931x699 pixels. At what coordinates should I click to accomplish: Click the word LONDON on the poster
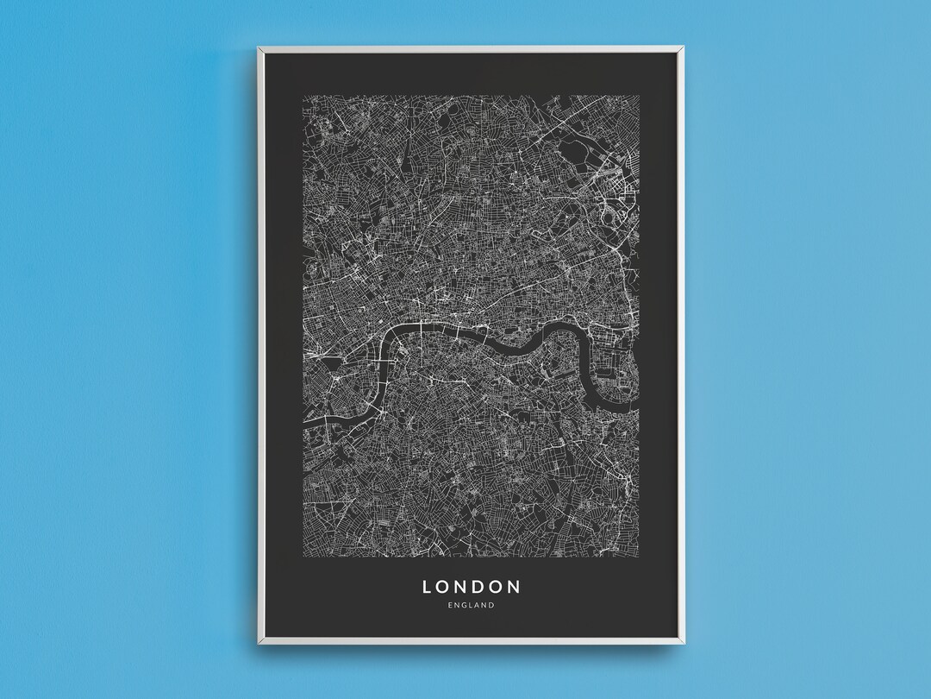click(472, 587)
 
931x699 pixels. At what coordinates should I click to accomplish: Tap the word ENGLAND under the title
click(472, 606)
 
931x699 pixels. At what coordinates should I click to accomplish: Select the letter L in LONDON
click(427, 587)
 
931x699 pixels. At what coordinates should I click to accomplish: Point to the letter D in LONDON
click(479, 587)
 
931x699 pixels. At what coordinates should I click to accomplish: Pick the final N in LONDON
click(515, 587)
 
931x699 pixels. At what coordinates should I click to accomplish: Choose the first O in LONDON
click(443, 587)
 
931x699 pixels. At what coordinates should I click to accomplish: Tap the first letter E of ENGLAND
click(451, 606)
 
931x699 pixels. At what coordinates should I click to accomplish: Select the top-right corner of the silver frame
click(684, 47)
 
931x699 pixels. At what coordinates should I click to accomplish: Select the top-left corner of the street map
click(303, 95)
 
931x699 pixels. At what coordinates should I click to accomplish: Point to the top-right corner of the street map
click(640, 95)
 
